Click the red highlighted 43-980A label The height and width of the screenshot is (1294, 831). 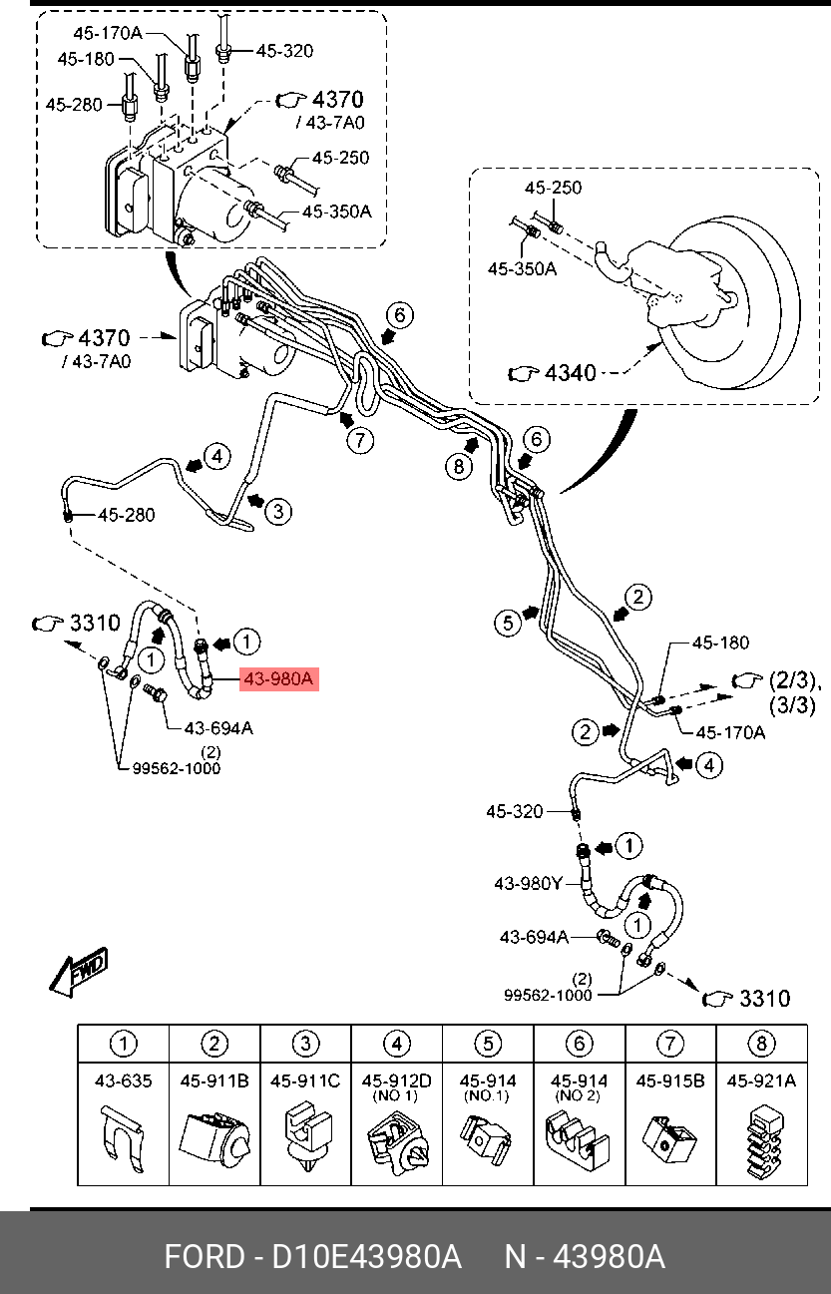[x=279, y=678]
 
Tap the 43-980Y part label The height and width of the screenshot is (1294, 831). [x=529, y=883]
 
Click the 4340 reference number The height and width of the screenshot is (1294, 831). [x=570, y=373]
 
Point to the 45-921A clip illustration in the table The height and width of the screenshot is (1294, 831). [x=763, y=1141]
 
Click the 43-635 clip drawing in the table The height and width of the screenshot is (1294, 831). [x=123, y=1139]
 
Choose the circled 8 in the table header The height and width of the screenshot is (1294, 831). [x=761, y=1044]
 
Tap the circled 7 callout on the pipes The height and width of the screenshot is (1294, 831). [x=360, y=441]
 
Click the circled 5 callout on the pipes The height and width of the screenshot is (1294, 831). [x=508, y=624]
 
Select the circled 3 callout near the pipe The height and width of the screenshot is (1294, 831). [x=278, y=511]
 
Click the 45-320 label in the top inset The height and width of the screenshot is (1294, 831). [x=284, y=51]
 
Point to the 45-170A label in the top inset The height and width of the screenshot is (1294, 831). [x=108, y=33]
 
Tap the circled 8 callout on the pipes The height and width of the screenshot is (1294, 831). [x=459, y=466]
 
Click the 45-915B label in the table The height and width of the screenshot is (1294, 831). [x=670, y=1080]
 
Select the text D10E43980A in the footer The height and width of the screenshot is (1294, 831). [x=367, y=1257]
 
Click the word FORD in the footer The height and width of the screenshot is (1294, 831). [x=205, y=1257]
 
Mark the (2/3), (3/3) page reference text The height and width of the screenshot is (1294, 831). [x=793, y=692]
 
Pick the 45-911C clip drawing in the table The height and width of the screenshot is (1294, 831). [x=306, y=1137]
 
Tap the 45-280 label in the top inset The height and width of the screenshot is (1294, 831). [x=74, y=105]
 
